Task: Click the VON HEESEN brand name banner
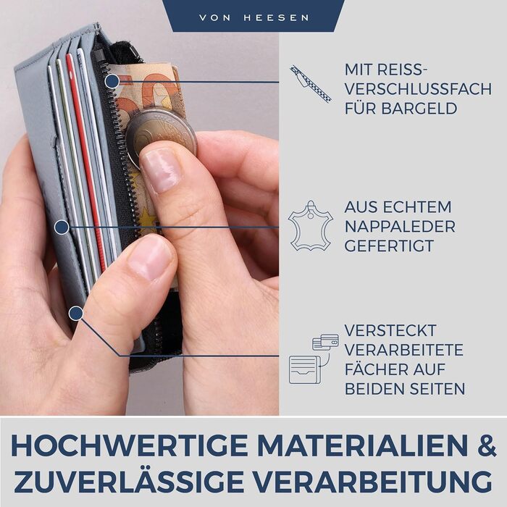(x=253, y=16)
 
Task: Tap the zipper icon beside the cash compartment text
(x=311, y=83)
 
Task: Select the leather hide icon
(x=311, y=226)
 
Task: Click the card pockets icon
(x=314, y=359)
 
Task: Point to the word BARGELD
(x=419, y=109)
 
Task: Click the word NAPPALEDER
(x=400, y=226)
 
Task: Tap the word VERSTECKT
(x=390, y=330)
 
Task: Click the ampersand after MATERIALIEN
(x=486, y=446)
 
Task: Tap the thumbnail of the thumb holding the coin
(x=161, y=170)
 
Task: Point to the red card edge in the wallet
(x=87, y=162)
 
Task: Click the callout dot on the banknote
(x=112, y=81)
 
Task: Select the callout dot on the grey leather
(x=62, y=227)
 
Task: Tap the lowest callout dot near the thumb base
(x=76, y=314)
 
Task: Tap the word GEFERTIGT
(x=389, y=246)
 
